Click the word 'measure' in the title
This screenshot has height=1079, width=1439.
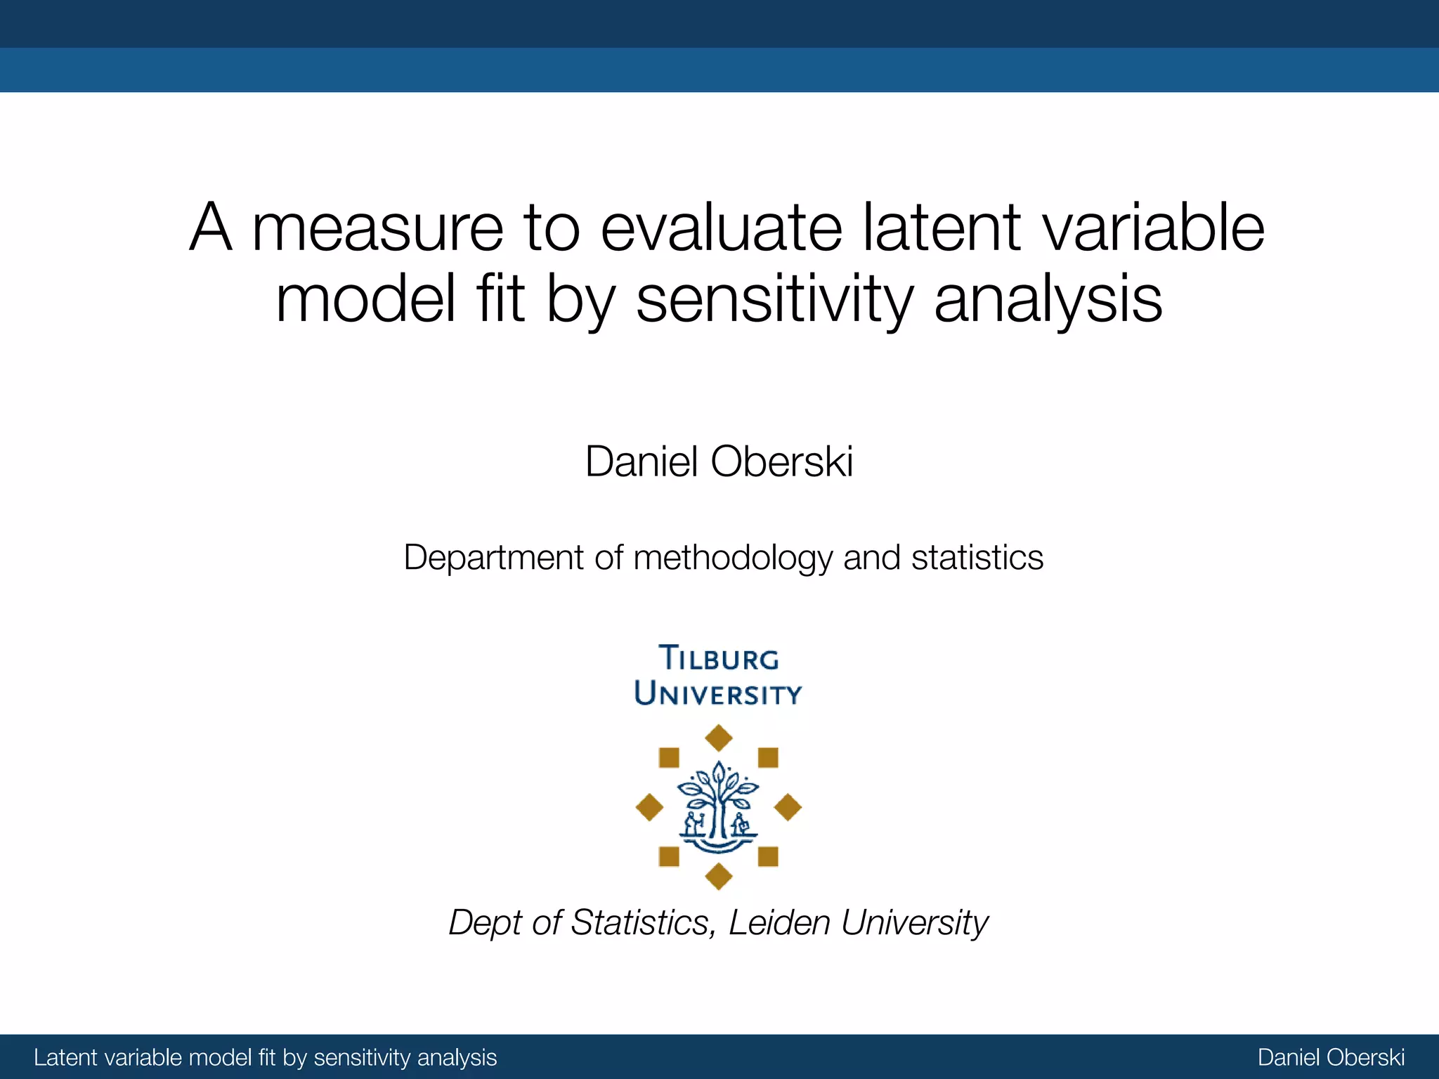(377, 229)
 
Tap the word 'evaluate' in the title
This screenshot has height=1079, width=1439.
(720, 229)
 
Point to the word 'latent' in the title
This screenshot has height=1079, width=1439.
(942, 228)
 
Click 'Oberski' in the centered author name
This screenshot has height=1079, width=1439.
(781, 462)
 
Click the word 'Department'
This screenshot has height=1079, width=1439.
(493, 558)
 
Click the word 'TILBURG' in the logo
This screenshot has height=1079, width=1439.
(719, 659)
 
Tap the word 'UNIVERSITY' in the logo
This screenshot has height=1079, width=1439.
(717, 694)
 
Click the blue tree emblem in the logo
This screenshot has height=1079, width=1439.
(718, 808)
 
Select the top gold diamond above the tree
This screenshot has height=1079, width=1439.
(718, 738)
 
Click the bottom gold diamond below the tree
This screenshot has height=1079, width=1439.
(718, 876)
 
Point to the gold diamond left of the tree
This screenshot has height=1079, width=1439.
(649, 808)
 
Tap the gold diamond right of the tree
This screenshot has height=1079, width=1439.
(788, 808)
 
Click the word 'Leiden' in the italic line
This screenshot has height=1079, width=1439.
(779, 922)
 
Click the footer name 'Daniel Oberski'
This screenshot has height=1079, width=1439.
(1331, 1057)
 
